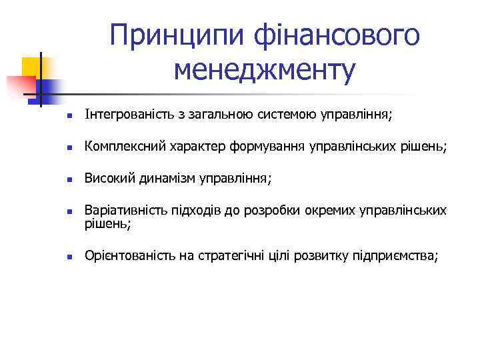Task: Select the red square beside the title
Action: (20, 86)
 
